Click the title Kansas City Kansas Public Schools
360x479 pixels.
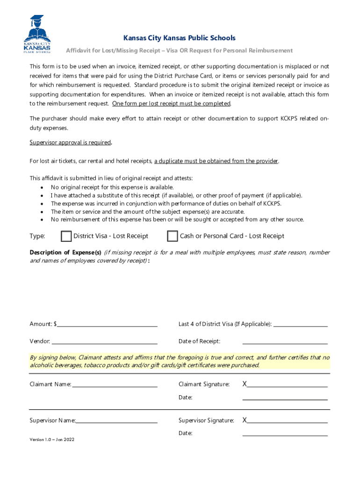click(180, 38)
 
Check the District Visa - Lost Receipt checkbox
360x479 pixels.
click(66, 236)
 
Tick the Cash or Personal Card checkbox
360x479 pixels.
click(173, 236)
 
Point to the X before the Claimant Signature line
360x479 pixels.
click(245, 385)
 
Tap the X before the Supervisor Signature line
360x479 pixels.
click(245, 421)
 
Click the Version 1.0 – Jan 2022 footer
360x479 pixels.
click(52, 440)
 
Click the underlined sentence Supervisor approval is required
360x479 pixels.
click(70, 142)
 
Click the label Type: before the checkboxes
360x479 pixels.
click(37, 236)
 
